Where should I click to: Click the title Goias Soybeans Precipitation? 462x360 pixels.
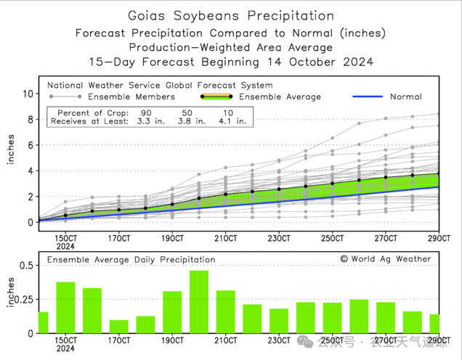point(231,15)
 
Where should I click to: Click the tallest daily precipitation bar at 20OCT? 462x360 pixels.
point(199,302)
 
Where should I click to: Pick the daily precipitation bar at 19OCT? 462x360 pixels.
point(172,312)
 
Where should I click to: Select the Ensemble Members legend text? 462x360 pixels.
point(131,97)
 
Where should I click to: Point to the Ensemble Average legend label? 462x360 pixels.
point(280,97)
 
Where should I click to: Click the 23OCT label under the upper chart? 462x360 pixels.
point(279,237)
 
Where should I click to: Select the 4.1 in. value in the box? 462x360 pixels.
point(232,122)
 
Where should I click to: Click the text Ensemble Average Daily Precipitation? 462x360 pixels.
point(131,259)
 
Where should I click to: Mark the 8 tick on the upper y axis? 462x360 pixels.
point(31,120)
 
